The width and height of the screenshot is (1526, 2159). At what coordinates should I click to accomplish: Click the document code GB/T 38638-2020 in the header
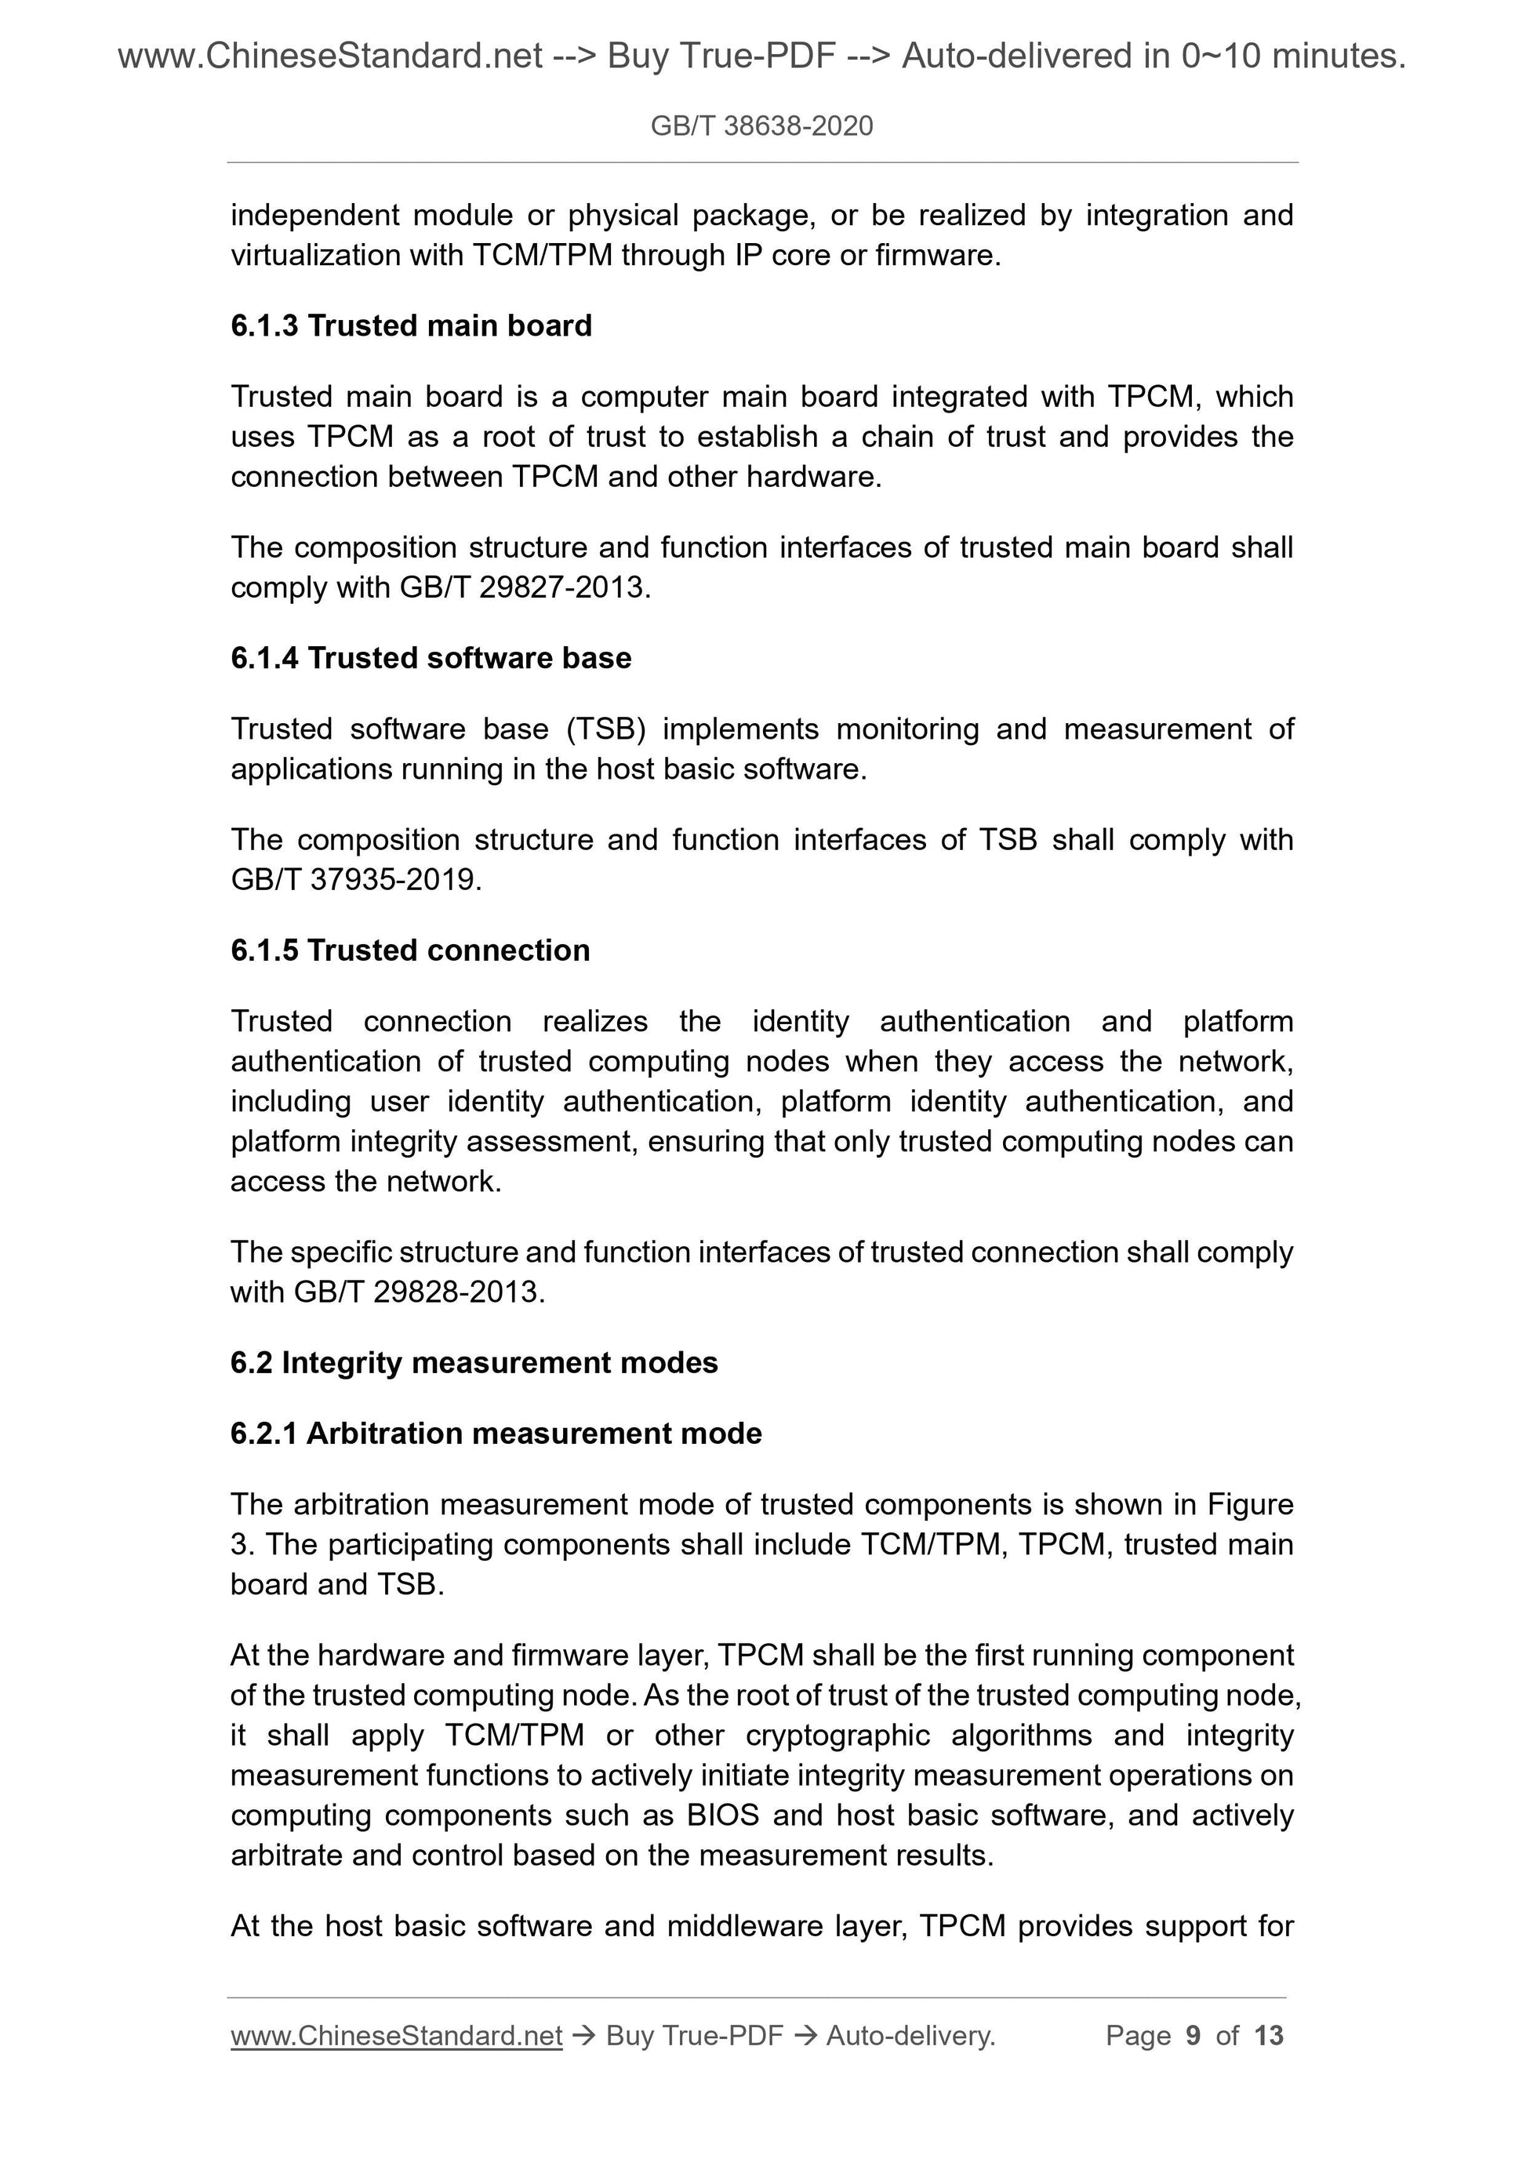click(x=761, y=126)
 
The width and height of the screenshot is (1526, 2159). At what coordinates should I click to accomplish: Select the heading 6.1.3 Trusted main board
click(x=411, y=325)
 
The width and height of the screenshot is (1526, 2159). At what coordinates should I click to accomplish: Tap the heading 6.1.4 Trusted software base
click(x=431, y=658)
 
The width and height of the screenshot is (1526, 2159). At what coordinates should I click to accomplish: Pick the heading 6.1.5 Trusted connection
click(x=410, y=950)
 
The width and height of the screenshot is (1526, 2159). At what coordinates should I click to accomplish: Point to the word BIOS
click(x=722, y=1815)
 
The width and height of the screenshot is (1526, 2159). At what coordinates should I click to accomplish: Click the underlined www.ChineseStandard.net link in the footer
click(x=396, y=2036)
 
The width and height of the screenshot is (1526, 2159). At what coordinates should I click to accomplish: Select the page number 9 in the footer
click(x=1194, y=2036)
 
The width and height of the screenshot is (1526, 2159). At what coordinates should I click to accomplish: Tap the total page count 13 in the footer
click(x=1268, y=2036)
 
